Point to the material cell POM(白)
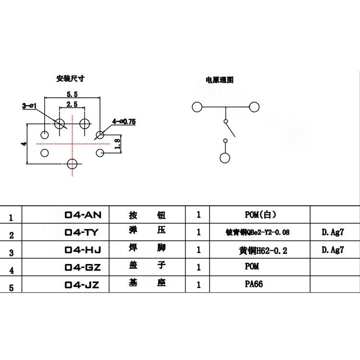[x=260, y=215]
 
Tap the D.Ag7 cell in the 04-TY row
[x=332, y=233]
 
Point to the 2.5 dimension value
[x=72, y=104]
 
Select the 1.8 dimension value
[x=118, y=143]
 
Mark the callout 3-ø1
[x=30, y=106]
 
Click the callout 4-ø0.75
[x=124, y=122]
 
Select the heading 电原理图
[x=219, y=80]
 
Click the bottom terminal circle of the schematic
[x=225, y=158]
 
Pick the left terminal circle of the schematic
[x=196, y=107]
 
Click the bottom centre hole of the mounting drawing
[x=72, y=164]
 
